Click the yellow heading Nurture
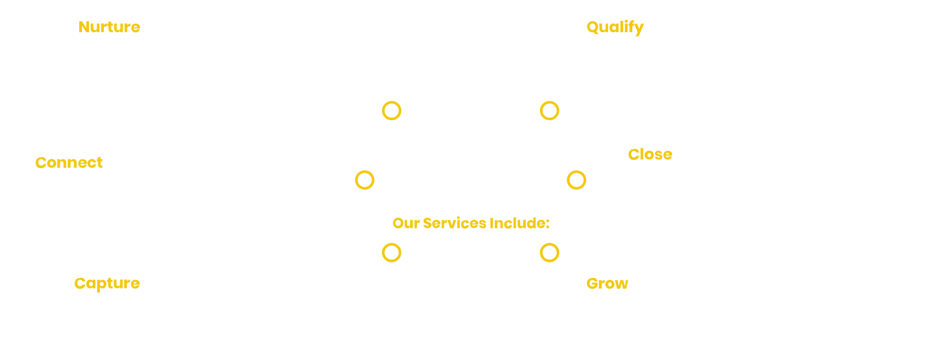[109, 27]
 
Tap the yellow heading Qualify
[615, 27]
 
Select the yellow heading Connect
[69, 163]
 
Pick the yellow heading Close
[650, 155]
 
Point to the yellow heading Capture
[107, 284]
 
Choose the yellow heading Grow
[607, 284]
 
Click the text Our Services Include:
[470, 223]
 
